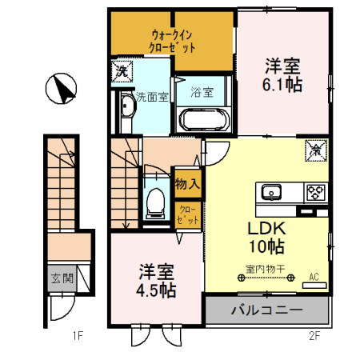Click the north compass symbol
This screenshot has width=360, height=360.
point(61,89)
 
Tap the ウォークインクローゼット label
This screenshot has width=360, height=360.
point(174,41)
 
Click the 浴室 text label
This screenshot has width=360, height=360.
point(202,92)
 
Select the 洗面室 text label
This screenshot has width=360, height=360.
point(151,96)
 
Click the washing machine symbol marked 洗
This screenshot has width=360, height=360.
point(121,70)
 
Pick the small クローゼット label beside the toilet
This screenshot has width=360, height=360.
point(186,213)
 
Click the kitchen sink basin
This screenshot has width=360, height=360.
point(270,191)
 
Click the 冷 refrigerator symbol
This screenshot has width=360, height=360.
point(315,148)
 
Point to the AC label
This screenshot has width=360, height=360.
point(314,277)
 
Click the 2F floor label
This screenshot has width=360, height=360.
point(314,336)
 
